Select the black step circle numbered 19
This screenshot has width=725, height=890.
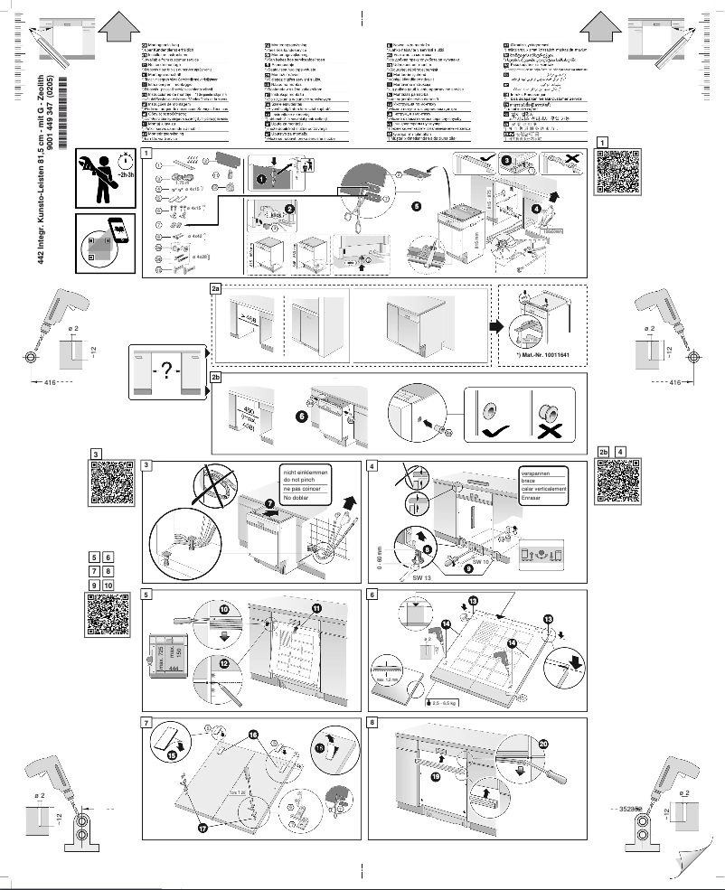click(x=436, y=776)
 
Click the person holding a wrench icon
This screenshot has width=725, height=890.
click(x=102, y=177)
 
